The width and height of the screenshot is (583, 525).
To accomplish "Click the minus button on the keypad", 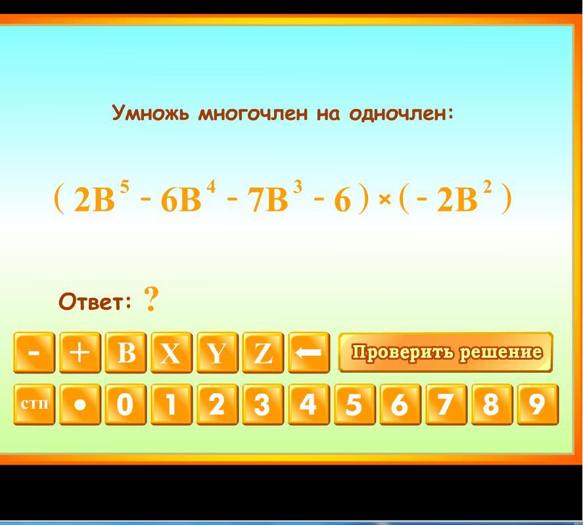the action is pyautogui.click(x=34, y=352).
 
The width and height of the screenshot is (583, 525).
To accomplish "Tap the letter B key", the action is pyautogui.click(x=126, y=352).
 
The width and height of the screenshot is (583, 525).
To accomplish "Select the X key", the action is pyautogui.click(x=172, y=352).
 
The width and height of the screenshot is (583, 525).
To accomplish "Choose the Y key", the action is pyautogui.click(x=217, y=352).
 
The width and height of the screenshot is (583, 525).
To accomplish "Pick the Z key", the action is pyautogui.click(x=263, y=352).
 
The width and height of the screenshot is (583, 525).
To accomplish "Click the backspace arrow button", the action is pyautogui.click(x=309, y=352).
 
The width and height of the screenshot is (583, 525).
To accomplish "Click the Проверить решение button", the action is pyautogui.click(x=446, y=352).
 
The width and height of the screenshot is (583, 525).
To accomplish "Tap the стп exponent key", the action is pyautogui.click(x=34, y=404).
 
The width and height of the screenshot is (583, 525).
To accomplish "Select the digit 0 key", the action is pyautogui.click(x=126, y=404).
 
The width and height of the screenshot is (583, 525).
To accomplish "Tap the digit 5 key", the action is pyautogui.click(x=354, y=404).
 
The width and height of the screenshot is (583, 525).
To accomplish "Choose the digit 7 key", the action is pyautogui.click(x=446, y=404).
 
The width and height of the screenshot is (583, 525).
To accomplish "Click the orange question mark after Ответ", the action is pyautogui.click(x=151, y=299).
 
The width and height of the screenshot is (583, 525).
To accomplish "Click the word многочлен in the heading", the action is pyautogui.click(x=253, y=114).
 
